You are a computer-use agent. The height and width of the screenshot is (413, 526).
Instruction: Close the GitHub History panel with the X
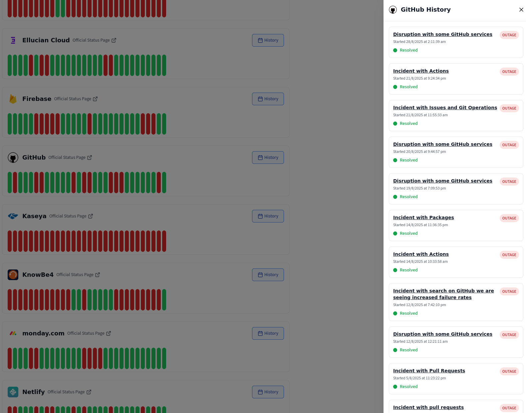(x=521, y=10)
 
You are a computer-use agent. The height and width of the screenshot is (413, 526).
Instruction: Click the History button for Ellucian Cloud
(x=268, y=40)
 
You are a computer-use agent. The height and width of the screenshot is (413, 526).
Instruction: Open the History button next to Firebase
(x=268, y=99)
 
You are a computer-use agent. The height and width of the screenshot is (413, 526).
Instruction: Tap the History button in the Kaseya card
(x=268, y=216)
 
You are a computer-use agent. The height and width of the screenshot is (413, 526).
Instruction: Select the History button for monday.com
(x=268, y=333)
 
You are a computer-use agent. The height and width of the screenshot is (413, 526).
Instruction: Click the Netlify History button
(x=268, y=392)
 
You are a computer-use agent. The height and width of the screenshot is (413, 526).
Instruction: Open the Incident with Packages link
(x=423, y=217)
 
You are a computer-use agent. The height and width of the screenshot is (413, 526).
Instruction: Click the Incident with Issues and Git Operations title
(x=445, y=108)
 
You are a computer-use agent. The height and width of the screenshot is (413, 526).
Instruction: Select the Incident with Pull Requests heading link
(x=429, y=371)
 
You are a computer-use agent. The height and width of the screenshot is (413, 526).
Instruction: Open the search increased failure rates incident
(x=443, y=294)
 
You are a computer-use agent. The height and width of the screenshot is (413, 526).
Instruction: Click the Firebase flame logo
(x=13, y=99)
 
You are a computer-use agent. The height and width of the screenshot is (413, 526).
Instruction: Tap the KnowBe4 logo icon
(x=13, y=275)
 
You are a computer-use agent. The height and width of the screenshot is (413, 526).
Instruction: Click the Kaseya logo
(x=13, y=216)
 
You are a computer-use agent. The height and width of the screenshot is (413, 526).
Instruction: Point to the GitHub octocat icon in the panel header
(x=393, y=10)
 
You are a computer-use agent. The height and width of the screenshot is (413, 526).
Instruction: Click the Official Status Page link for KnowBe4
(x=75, y=275)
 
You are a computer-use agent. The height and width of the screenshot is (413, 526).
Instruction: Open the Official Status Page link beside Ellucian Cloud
(x=91, y=40)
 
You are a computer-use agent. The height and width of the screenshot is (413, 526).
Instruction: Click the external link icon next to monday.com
(x=109, y=333)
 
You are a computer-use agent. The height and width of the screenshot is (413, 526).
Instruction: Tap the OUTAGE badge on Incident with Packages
(x=509, y=218)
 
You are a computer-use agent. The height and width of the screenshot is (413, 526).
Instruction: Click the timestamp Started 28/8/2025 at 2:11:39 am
(x=419, y=42)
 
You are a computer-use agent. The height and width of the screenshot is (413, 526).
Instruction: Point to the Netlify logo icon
(x=13, y=392)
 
